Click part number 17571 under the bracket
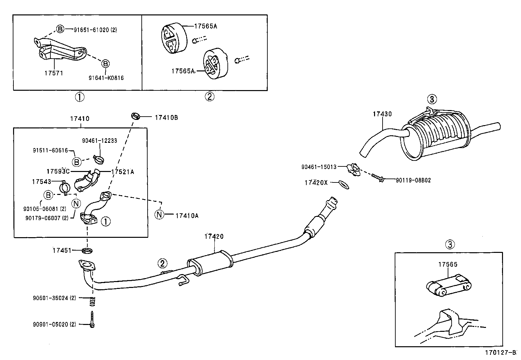coord(54,73)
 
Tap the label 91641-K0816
coord(106,78)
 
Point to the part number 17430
coord(382,114)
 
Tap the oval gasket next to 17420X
coord(342,184)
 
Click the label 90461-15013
coord(319,167)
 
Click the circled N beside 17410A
coord(159,215)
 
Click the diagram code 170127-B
coord(500,353)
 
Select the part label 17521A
coord(122,172)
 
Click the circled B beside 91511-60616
coord(76,162)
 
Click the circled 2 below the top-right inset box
coord(209,97)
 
